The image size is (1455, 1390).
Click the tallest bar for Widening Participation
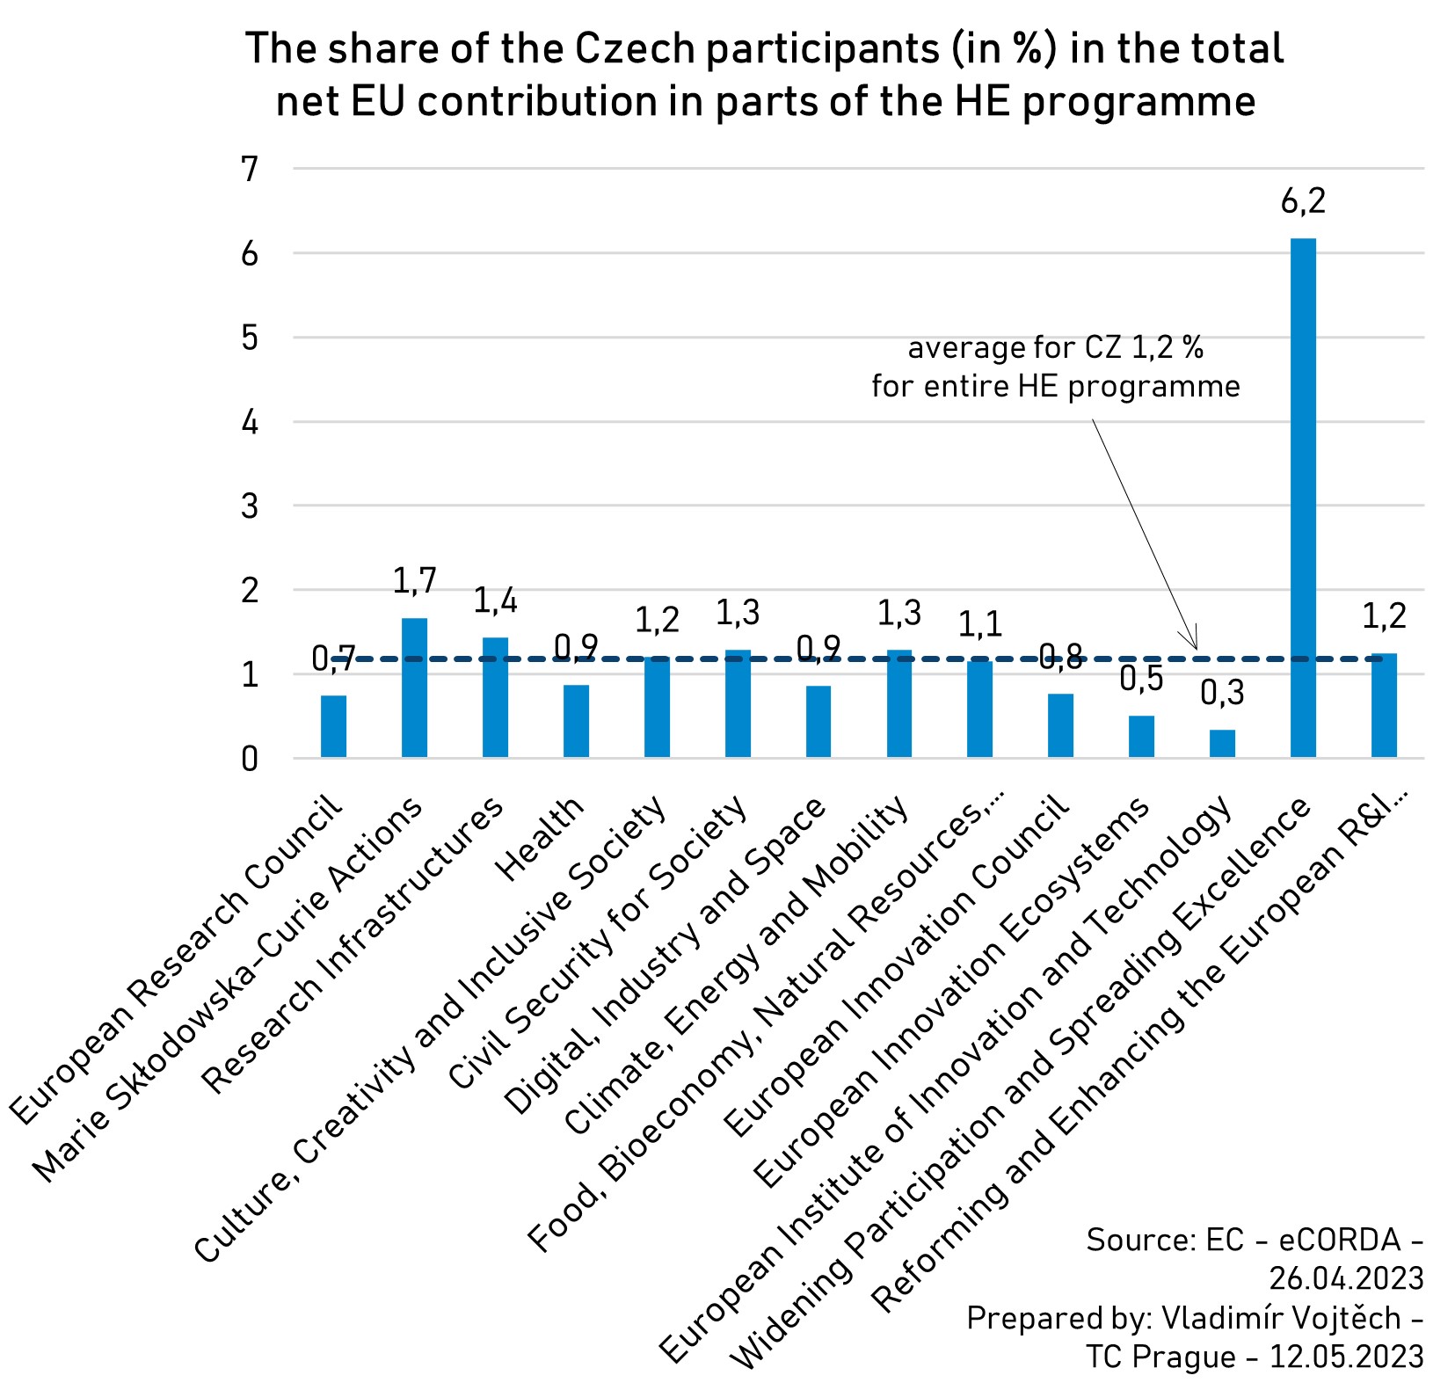point(1302,497)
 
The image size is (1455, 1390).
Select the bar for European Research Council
point(333,726)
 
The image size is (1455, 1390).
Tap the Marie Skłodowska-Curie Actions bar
point(414,688)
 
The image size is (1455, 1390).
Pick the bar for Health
point(576,721)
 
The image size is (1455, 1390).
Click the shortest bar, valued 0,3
point(1222,744)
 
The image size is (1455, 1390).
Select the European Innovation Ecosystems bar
point(1141,737)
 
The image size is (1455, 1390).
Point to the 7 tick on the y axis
point(251,169)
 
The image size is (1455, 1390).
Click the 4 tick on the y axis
point(251,422)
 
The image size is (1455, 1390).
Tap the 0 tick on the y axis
point(251,759)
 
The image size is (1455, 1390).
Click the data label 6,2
point(1302,202)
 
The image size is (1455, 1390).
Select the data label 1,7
point(414,581)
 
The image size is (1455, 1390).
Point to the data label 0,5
point(1141,679)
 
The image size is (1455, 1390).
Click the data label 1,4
point(496,600)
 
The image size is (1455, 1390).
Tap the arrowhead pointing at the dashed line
point(1193,643)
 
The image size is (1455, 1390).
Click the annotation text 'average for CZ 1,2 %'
point(1055,348)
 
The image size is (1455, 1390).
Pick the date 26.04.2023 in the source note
point(1345,1277)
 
